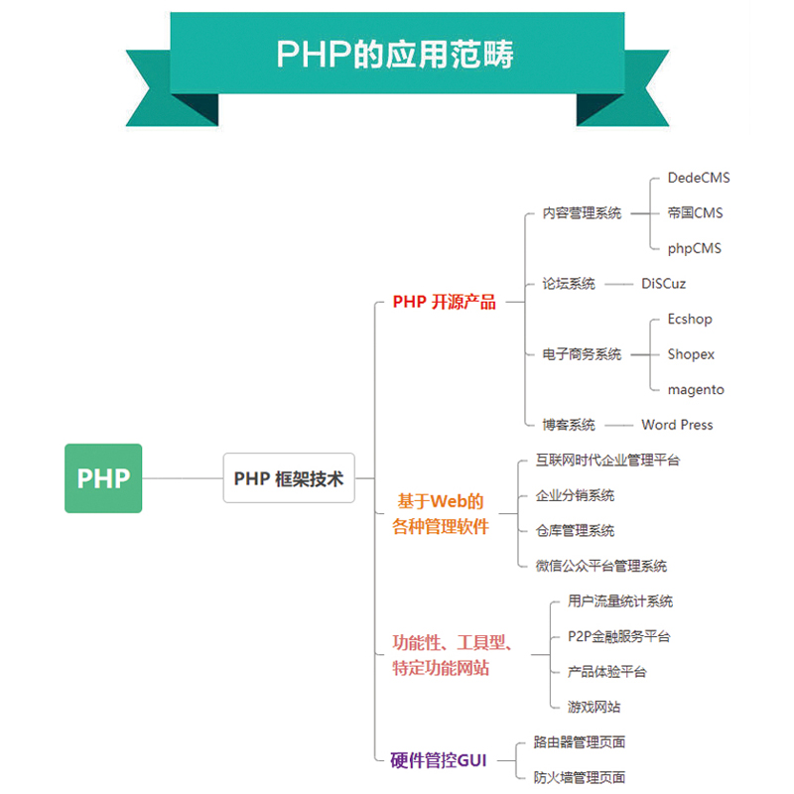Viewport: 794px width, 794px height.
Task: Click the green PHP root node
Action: point(103,478)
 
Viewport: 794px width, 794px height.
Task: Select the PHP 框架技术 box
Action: point(289,478)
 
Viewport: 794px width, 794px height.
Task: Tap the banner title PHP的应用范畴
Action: point(395,54)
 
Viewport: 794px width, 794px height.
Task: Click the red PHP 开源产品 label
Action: point(444,302)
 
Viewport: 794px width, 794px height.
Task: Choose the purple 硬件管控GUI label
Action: point(439,760)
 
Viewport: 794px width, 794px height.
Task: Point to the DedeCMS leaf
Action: point(699,178)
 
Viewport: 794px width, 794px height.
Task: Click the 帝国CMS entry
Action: point(696,212)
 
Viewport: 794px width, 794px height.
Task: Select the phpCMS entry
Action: point(694,249)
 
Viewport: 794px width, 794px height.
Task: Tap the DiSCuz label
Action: point(663,284)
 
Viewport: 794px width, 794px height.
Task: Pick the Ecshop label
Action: point(690,319)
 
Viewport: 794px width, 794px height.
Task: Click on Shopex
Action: point(691,354)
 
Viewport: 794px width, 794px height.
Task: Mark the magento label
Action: point(696,390)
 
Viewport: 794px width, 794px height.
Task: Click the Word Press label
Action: point(677,425)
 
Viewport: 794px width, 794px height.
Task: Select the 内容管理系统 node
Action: point(582,213)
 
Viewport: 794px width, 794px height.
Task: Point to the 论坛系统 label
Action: point(569,284)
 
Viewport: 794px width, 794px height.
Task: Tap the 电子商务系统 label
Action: point(582,354)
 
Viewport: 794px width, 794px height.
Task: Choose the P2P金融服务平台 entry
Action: point(618,636)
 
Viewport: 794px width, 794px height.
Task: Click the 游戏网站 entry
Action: point(594,707)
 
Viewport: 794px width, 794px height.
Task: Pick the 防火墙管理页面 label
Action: point(580,777)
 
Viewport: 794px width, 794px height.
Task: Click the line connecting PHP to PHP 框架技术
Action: point(183,478)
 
